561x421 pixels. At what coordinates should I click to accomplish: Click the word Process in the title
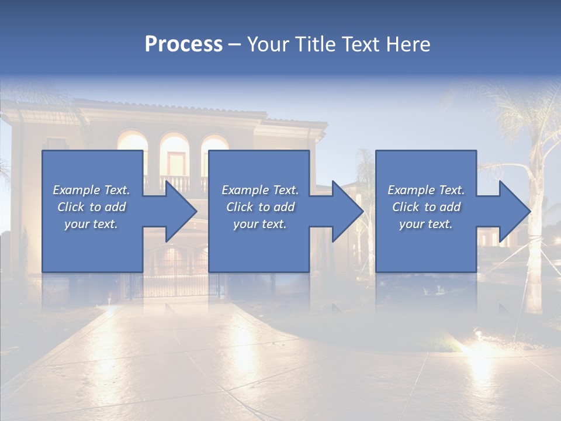pos(183,44)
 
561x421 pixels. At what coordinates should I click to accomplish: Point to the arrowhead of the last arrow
pos(515,211)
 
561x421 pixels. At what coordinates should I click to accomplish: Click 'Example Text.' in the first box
pos(91,190)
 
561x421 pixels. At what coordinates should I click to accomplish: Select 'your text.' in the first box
pos(91,224)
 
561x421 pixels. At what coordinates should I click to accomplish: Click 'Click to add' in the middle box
pos(260,207)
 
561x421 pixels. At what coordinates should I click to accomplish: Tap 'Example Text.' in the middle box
pos(260,190)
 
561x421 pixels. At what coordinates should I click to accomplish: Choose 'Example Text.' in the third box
pos(426,190)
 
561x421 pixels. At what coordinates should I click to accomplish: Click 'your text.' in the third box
pos(426,224)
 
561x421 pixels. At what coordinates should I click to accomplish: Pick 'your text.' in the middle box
pos(260,224)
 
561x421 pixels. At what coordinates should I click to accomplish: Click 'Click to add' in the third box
pos(426,207)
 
